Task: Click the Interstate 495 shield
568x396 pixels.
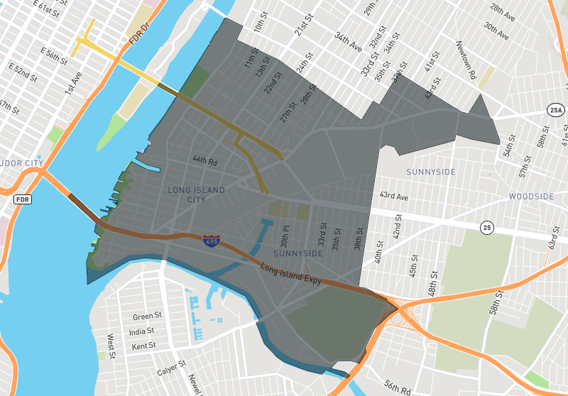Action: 211,242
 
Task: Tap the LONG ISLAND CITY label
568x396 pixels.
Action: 196,195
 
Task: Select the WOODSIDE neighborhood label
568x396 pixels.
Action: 530,196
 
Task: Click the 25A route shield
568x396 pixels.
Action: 556,109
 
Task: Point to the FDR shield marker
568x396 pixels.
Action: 23,200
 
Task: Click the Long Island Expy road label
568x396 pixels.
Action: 291,275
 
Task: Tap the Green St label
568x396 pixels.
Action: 148,316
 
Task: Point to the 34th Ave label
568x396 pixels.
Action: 348,43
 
